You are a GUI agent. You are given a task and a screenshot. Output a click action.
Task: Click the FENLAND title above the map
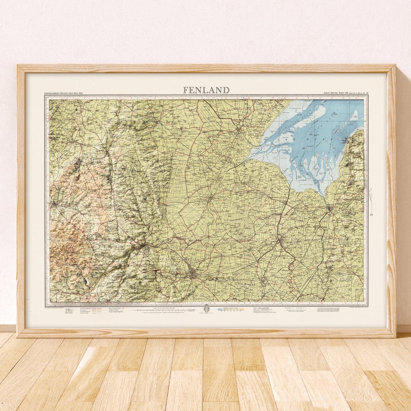coord(206,90)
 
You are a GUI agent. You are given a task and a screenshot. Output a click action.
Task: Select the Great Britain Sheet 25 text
coord(344,94)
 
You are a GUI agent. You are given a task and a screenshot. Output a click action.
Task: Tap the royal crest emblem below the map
coord(206,309)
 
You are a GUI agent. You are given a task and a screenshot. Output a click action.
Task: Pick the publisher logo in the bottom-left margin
coord(69,311)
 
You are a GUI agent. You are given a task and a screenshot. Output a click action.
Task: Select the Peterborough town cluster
coord(193,274)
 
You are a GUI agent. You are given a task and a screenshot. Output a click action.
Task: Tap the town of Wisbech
coord(279,239)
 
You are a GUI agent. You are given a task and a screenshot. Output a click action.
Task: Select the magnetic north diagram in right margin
coord(371,200)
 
